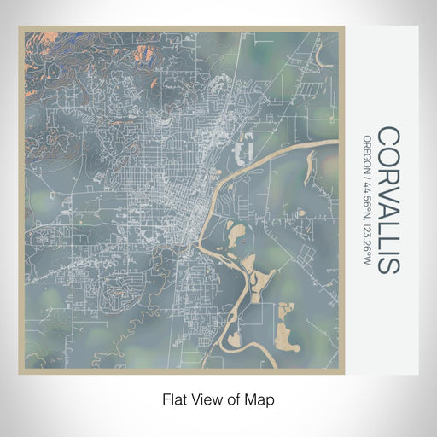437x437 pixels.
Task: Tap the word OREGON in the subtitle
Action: [367, 152]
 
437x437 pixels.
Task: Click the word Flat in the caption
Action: [174, 399]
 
